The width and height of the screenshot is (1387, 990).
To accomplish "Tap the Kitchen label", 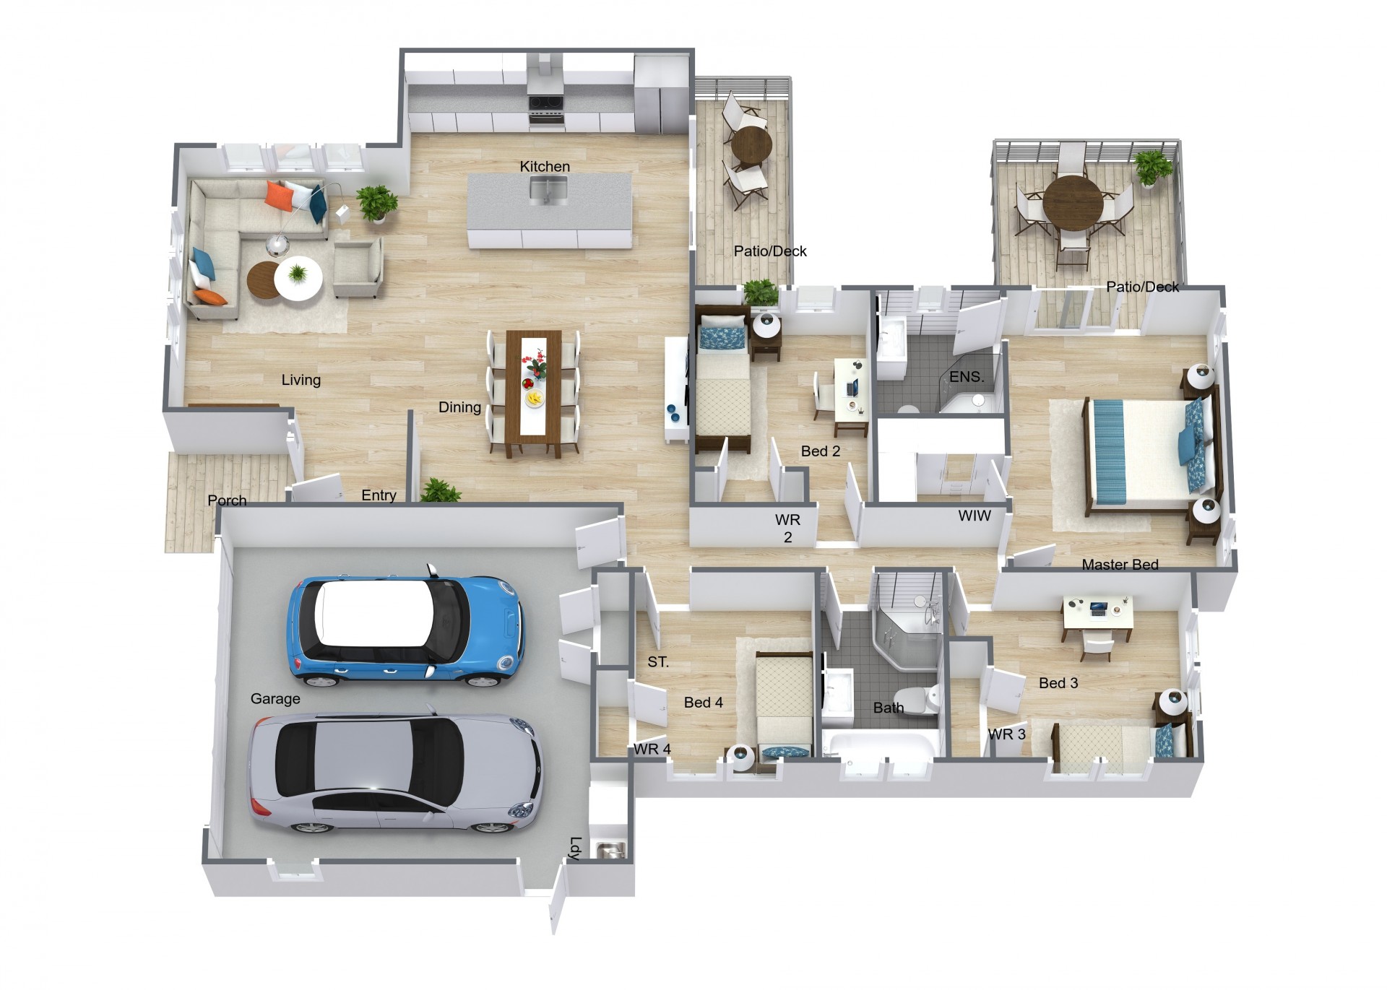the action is [545, 166].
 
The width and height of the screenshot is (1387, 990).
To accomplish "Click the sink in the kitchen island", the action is [548, 190].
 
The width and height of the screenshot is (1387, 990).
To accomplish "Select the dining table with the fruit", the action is [534, 393].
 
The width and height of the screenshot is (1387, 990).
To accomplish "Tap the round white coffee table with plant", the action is [298, 277].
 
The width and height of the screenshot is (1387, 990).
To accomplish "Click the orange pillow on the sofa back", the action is [278, 195].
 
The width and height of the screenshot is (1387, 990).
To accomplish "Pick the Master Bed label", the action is [1120, 565].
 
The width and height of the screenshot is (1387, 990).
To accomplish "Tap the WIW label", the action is [975, 516].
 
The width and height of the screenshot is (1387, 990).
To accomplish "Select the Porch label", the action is [227, 500].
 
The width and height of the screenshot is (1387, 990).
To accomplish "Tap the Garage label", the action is [275, 698].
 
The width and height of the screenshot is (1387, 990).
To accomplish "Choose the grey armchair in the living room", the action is [358, 268].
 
